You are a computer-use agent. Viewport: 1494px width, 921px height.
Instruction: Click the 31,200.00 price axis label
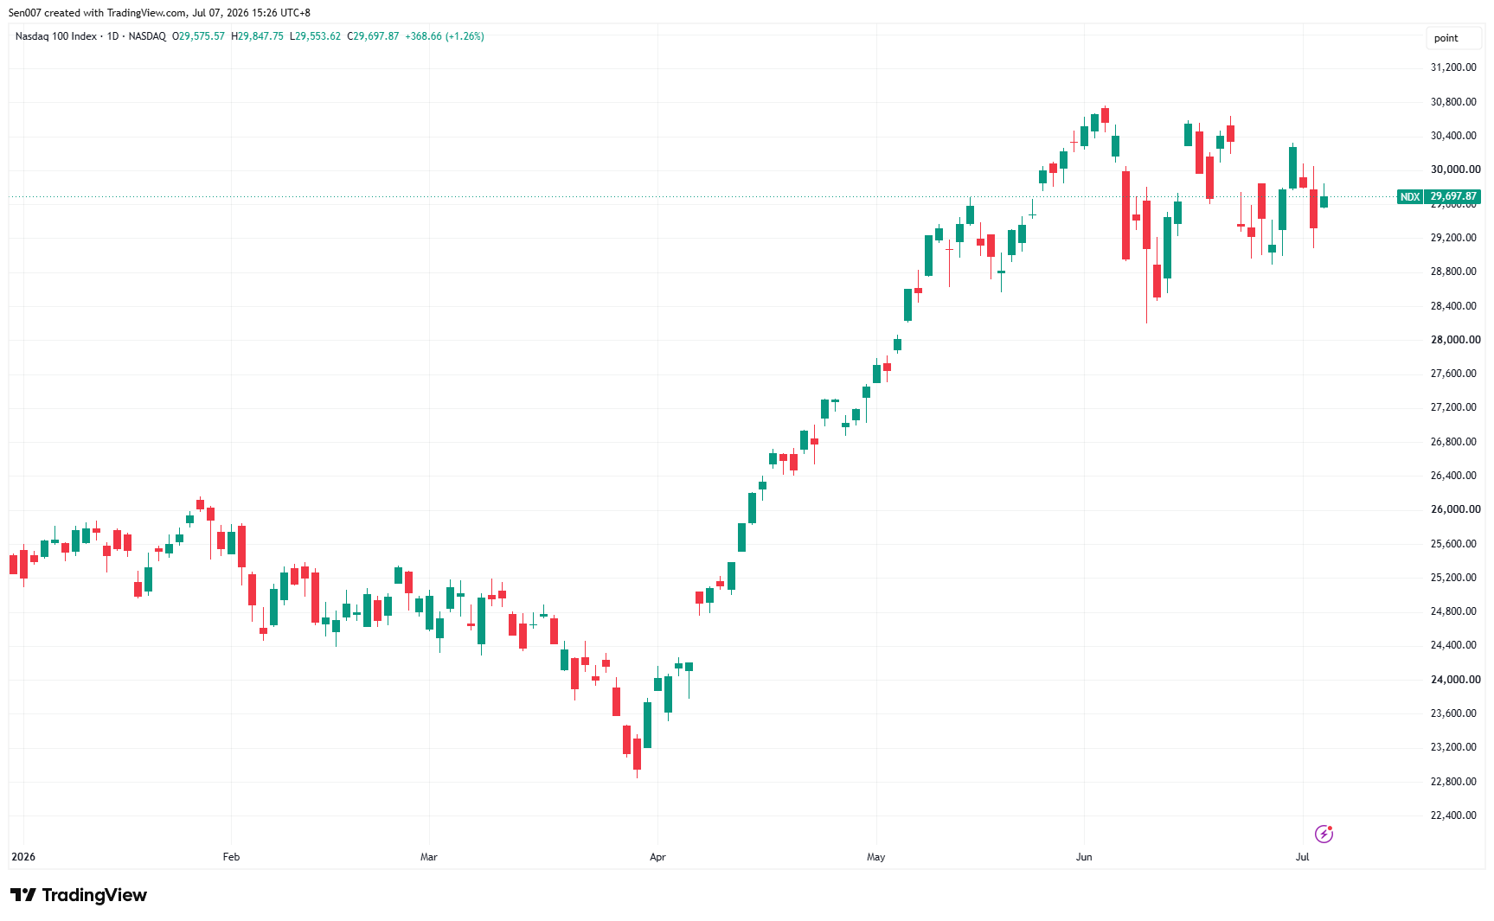(1453, 67)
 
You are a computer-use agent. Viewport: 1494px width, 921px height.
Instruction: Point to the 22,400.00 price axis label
(1453, 815)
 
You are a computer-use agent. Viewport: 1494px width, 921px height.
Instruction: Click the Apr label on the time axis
(657, 857)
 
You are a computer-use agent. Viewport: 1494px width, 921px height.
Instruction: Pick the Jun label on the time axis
(1084, 857)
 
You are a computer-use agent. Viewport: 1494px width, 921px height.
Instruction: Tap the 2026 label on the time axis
(23, 857)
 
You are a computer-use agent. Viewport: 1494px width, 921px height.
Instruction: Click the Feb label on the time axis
(231, 857)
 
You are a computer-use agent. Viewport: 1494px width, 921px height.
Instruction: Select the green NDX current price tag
(1410, 197)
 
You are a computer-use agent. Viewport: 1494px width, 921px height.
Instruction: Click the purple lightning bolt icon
(1324, 834)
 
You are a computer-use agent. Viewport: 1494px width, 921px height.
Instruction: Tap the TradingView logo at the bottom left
(79, 895)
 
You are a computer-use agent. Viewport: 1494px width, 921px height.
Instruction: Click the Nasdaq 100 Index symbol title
(56, 36)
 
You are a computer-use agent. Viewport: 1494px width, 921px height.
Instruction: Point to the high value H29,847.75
(257, 36)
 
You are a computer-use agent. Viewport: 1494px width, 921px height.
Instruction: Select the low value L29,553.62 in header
(315, 36)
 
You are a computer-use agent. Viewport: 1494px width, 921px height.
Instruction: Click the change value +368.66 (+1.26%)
(445, 36)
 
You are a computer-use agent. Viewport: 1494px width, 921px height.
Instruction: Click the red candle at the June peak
(1105, 115)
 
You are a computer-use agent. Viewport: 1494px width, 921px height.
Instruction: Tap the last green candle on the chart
(1324, 201)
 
